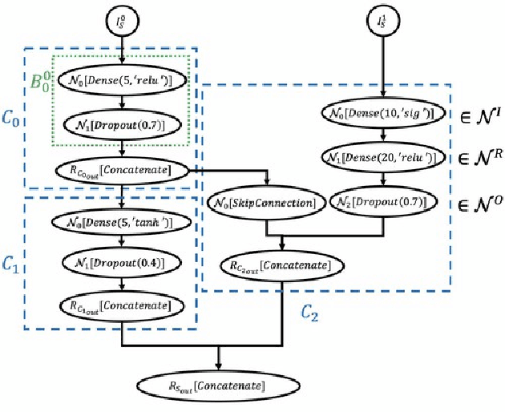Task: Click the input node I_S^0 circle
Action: click(121, 19)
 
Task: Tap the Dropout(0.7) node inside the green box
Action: click(121, 126)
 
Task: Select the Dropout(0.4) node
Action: click(121, 261)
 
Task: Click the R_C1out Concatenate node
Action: click(121, 305)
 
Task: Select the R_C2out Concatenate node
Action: click(280, 262)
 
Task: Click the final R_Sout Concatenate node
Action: click(220, 387)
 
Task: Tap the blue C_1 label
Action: click(10, 262)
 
